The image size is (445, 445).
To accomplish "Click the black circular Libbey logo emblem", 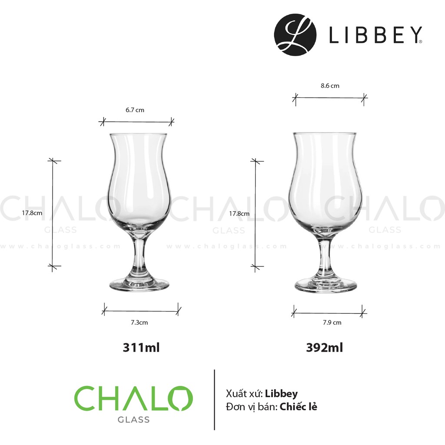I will [x=296, y=35].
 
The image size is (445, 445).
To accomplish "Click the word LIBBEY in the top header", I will [x=375, y=36].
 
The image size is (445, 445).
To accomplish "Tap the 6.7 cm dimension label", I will [x=135, y=110].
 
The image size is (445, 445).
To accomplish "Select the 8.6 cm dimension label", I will [x=330, y=86].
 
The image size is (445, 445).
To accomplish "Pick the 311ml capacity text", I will [x=141, y=348].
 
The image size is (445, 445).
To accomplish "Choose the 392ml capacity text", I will [x=324, y=348].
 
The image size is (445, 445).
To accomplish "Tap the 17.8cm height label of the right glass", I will [x=239, y=213].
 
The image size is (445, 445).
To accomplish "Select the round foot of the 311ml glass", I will [x=139, y=285].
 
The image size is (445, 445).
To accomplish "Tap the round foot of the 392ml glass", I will [x=325, y=286].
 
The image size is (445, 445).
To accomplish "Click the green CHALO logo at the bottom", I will [x=133, y=399].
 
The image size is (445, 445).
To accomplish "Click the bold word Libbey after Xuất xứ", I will [x=281, y=394].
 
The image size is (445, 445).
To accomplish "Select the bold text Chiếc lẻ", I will [x=299, y=407].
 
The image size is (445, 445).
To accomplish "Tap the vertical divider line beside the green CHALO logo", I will [x=215, y=400].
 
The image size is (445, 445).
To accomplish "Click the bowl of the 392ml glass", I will [x=325, y=183].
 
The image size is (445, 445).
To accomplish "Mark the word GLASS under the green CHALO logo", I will [x=133, y=420].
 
